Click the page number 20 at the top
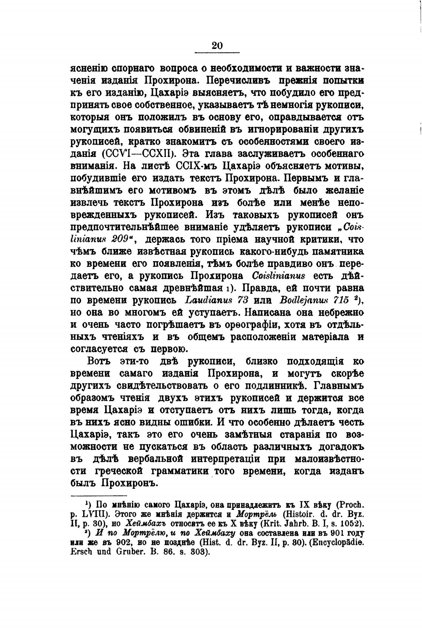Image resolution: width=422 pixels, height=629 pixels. point(217,46)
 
